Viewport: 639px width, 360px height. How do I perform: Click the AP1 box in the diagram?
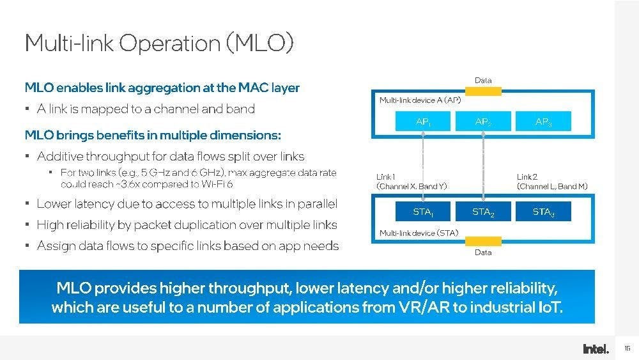coord(422,121)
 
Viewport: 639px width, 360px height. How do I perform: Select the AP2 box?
coord(483,121)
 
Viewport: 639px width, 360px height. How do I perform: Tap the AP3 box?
coord(543,121)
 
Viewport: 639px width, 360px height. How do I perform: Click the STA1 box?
coord(422,211)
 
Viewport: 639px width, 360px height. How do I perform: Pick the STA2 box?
coord(483,211)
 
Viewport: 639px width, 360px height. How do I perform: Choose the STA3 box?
coord(543,211)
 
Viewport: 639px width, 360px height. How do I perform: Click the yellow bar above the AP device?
coord(483,91)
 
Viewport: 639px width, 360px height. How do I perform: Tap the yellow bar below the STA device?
coord(483,241)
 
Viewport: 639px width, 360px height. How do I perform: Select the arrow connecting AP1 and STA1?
coord(423,166)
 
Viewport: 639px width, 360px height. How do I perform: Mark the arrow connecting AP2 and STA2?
coord(483,166)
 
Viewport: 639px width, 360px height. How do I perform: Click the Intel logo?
coord(596,349)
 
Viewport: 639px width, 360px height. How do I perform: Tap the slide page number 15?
coord(627,348)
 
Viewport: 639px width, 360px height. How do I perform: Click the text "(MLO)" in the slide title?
coord(259,43)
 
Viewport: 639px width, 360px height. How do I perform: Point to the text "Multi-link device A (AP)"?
coord(420,100)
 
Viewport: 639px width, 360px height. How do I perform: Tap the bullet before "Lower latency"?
coord(27,203)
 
